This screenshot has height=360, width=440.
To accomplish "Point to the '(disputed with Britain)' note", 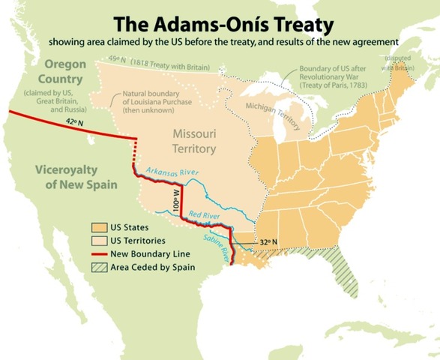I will coord(401,62).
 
